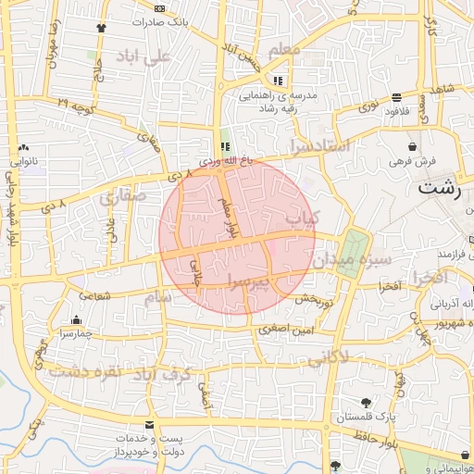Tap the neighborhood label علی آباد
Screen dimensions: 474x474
[144, 56]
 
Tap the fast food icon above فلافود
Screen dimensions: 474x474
[396, 96]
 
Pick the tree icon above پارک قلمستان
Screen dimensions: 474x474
[367, 403]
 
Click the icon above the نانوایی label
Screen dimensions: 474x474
[23, 147]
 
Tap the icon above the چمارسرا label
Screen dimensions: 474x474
[70, 318]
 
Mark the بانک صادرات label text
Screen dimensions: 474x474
[168, 19]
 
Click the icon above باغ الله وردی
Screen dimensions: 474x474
[224, 146]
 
